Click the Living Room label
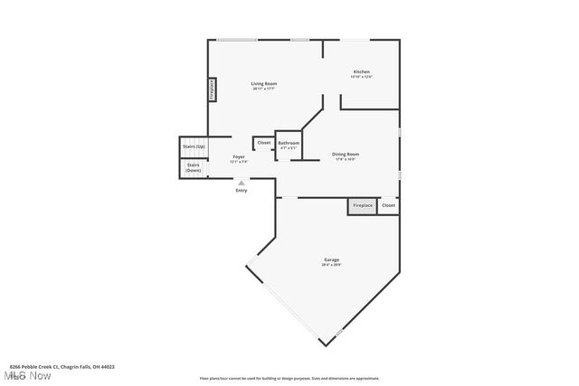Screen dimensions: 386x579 263,83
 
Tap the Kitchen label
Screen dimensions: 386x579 361,71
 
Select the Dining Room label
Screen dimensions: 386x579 352,155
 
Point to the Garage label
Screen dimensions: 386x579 332,259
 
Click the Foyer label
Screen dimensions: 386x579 239,156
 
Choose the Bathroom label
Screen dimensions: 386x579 289,143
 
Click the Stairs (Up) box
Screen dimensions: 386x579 194,146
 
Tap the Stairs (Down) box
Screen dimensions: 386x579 194,167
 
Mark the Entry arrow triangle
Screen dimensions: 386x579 241,183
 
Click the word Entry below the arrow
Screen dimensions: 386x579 241,191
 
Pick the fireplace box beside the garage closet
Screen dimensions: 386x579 362,206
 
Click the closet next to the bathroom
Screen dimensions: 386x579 263,143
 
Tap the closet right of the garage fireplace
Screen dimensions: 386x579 388,206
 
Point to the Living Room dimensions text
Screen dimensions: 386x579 263,89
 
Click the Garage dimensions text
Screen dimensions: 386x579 332,265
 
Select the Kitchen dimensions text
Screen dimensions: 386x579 361,77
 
